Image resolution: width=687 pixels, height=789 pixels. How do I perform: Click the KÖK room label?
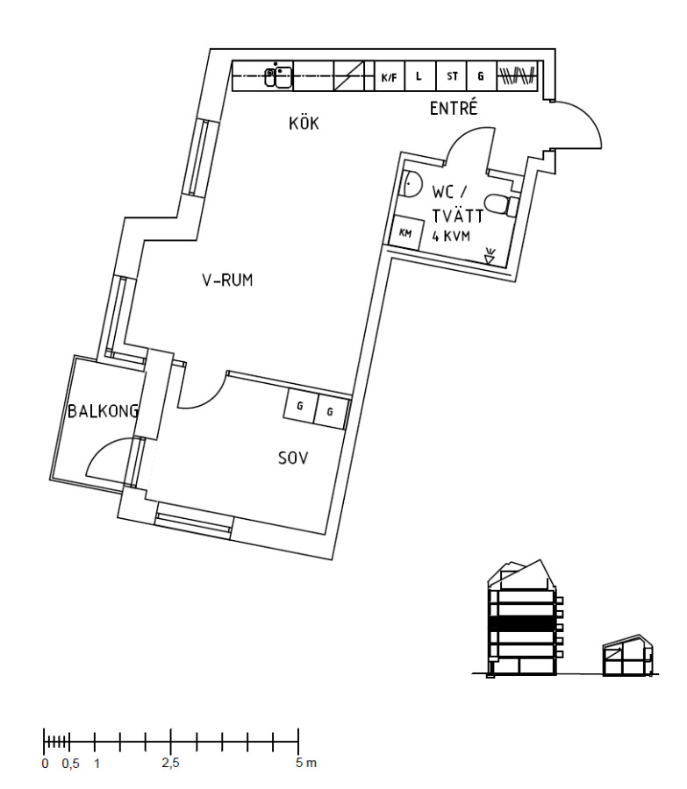pyautogui.click(x=304, y=124)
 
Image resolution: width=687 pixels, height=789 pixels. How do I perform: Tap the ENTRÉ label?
pyautogui.click(x=453, y=110)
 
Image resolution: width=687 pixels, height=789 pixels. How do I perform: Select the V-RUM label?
pyautogui.click(x=227, y=281)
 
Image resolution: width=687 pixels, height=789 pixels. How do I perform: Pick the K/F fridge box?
pyautogui.click(x=390, y=76)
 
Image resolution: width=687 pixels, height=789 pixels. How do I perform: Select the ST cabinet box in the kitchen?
pyautogui.click(x=452, y=76)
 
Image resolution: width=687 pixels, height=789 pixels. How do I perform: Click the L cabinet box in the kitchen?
pyautogui.click(x=419, y=76)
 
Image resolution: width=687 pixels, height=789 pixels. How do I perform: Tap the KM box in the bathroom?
pyautogui.click(x=405, y=233)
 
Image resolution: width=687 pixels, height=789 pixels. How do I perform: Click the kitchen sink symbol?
pyautogui.click(x=278, y=76)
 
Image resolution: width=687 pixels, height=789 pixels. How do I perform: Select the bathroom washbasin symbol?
pyautogui.click(x=411, y=185)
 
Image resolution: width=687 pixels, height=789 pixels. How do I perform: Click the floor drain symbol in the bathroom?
pyautogui.click(x=490, y=256)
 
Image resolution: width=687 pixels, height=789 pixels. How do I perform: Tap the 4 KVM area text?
pyautogui.click(x=451, y=236)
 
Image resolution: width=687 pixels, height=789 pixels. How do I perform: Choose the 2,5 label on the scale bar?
pyautogui.click(x=170, y=764)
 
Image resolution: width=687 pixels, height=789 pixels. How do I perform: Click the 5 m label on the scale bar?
pyautogui.click(x=306, y=764)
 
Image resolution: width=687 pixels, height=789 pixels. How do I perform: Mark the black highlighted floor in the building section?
pyautogui.click(x=523, y=623)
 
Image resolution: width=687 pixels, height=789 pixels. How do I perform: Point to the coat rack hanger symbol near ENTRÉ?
pyautogui.click(x=517, y=76)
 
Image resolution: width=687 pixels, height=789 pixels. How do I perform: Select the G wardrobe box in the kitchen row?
pyautogui.click(x=481, y=76)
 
